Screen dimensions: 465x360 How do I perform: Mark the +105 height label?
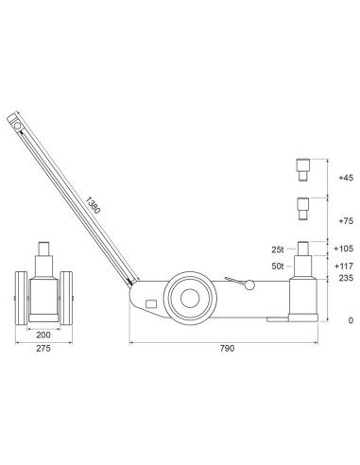(x=343, y=249)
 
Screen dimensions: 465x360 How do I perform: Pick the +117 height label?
(x=343, y=266)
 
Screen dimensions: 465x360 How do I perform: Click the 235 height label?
(x=345, y=279)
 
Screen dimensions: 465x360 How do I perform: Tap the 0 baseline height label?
(x=350, y=320)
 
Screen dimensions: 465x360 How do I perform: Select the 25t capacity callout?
(x=278, y=250)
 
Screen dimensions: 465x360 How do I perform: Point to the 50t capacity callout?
(x=278, y=268)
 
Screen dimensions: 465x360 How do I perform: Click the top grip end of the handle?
(x=14, y=120)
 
